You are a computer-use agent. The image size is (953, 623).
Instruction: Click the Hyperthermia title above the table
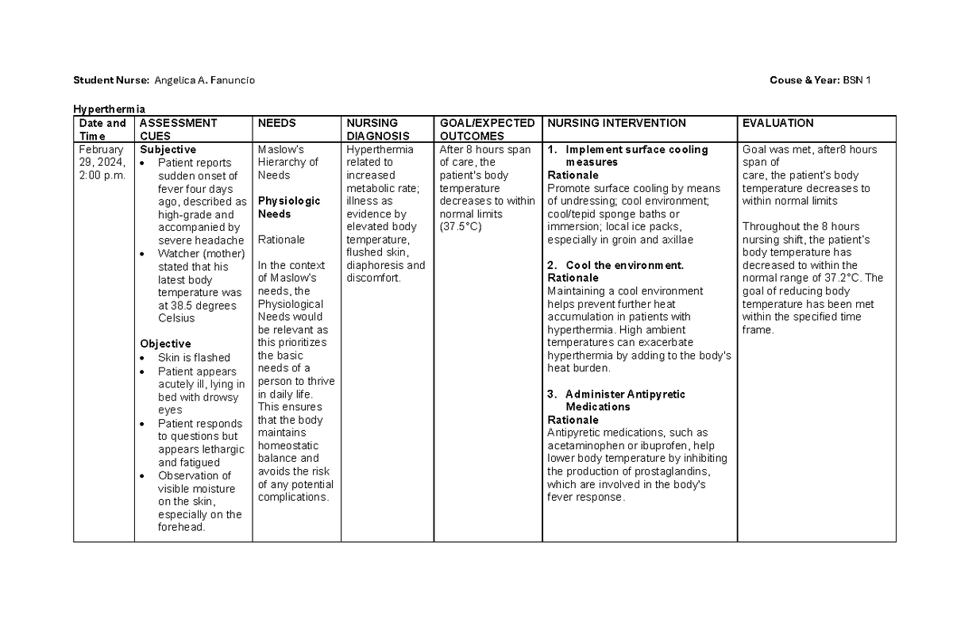tap(110, 109)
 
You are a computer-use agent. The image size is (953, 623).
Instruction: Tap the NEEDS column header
tap(277, 123)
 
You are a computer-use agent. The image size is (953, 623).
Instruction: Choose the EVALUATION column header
tap(777, 123)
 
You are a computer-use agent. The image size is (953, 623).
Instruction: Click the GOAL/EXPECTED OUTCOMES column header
tap(487, 129)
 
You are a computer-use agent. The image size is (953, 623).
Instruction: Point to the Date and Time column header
tap(102, 129)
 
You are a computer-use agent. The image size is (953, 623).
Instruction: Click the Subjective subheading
tap(168, 149)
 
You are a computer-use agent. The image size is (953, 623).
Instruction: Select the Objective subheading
tap(165, 344)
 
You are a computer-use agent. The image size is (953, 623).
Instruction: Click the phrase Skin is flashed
tap(194, 358)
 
